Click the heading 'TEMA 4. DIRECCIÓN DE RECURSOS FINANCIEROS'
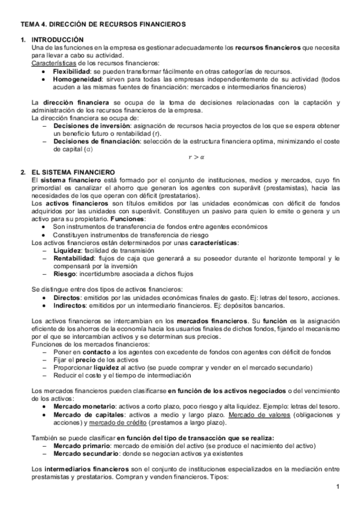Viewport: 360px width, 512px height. tap(103, 24)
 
